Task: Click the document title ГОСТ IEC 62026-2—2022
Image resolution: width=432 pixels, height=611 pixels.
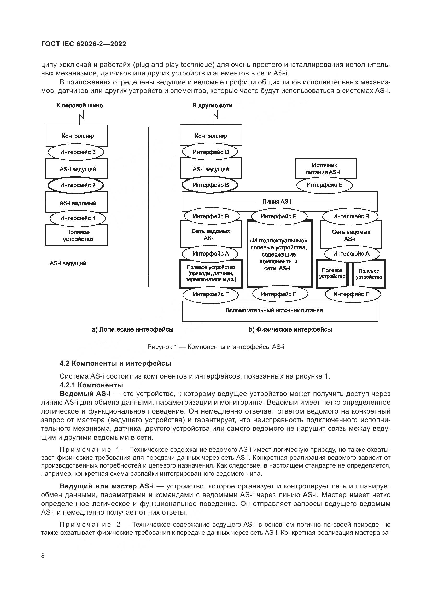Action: pos(84,44)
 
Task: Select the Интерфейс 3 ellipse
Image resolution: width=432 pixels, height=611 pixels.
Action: pos(76,152)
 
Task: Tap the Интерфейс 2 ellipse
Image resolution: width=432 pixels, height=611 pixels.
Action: pos(76,185)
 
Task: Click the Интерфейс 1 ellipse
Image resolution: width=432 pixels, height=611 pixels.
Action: pos(77,218)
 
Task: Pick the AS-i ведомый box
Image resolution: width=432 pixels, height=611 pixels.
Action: pos(77,203)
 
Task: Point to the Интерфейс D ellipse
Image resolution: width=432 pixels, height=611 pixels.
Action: pos(210,152)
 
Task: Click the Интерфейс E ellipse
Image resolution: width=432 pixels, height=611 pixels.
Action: pos(324,185)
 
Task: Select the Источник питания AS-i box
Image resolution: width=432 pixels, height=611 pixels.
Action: pos(325,169)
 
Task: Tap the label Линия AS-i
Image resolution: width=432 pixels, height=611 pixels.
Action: pos(277,202)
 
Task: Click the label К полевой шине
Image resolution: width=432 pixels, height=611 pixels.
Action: pos(80,105)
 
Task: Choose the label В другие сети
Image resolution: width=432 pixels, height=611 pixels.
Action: pos(212,105)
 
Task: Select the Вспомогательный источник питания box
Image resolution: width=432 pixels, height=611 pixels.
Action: pos(274,311)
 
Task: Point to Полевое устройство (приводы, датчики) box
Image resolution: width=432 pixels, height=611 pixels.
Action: pos(211,274)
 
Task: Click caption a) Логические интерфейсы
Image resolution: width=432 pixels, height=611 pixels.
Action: pos(132,330)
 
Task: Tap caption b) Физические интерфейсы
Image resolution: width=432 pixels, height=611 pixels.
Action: pos(290,330)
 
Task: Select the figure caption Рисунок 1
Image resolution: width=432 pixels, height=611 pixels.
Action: pos(216,347)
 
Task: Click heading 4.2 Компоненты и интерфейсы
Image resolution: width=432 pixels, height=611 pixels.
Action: pos(115,363)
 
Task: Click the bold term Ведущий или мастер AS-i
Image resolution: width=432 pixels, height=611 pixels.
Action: pos(107,486)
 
